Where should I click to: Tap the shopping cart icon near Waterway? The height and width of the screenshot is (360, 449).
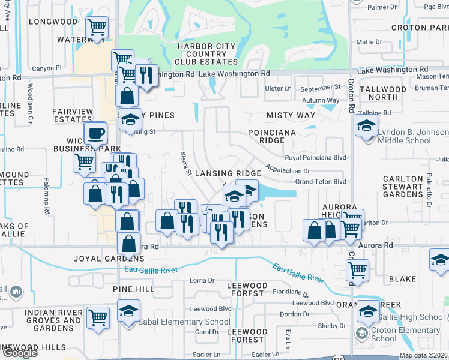97,27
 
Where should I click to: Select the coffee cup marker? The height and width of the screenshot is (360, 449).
95,133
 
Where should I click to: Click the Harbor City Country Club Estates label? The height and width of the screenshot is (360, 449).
206,54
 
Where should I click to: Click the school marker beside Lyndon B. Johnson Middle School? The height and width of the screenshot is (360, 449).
366,127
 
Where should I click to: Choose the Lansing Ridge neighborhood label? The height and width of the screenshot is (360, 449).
228,173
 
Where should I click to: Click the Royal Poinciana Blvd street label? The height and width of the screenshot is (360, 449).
316,158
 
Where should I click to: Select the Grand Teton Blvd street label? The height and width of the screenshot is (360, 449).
321,181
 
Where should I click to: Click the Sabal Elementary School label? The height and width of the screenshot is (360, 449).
184,322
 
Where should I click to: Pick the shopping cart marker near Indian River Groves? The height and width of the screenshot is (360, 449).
98,317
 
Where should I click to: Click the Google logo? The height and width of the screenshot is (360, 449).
19,353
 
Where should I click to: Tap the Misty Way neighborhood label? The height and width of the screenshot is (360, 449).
291,115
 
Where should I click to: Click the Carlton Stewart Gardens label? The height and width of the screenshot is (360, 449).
403,187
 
